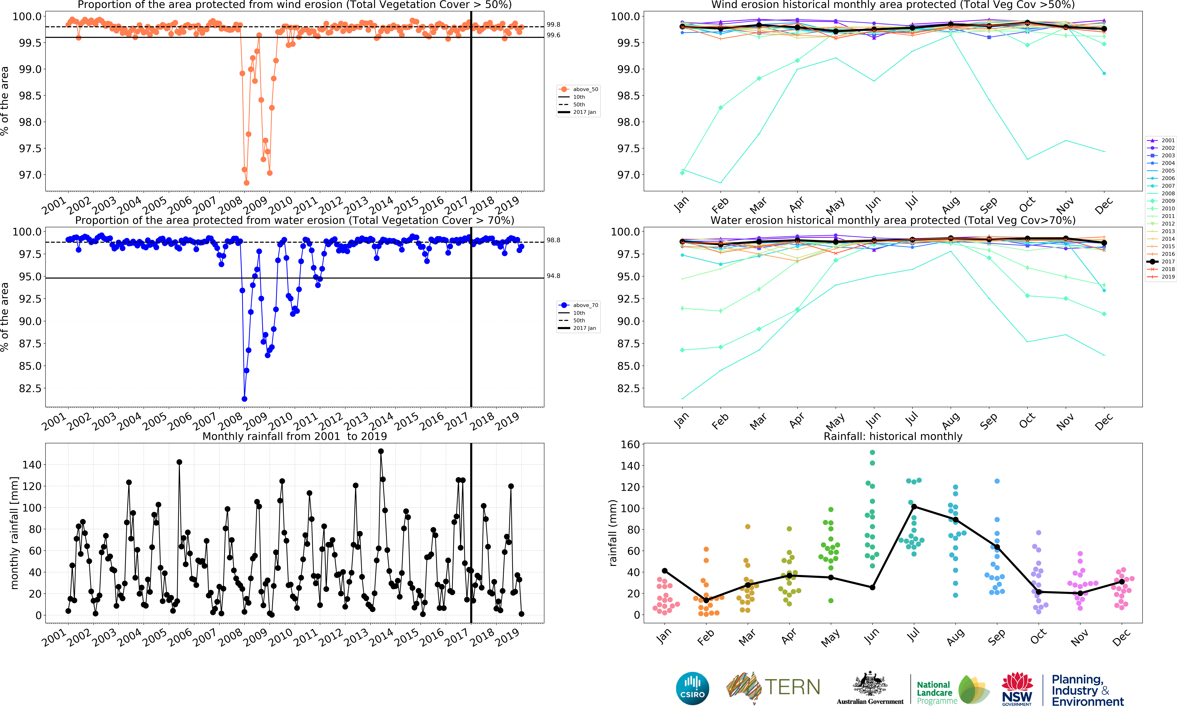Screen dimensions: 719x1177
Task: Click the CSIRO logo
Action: click(x=692, y=688)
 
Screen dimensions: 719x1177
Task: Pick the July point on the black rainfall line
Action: click(x=914, y=506)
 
